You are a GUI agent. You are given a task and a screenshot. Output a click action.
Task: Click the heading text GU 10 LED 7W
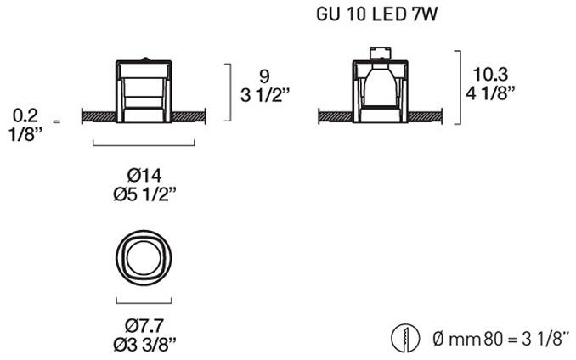[x=376, y=14]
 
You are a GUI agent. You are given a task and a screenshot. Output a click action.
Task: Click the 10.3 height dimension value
[x=490, y=75]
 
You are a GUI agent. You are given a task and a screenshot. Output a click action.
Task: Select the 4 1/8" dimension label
[x=490, y=93]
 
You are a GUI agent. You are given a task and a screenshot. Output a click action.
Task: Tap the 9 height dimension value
[x=264, y=76]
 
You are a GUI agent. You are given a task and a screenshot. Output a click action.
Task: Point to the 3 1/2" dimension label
[x=265, y=95]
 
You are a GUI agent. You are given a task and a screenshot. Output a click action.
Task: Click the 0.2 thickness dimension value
[x=25, y=115]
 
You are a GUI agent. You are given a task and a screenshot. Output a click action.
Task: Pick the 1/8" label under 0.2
[x=25, y=135]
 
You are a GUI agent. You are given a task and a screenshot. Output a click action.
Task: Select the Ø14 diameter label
[x=144, y=176]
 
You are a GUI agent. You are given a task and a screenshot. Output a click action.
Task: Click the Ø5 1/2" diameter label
[x=144, y=194]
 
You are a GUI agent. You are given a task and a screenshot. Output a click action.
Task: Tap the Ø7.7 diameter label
[x=144, y=325]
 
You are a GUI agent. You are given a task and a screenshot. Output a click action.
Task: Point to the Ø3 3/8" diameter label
[x=144, y=344]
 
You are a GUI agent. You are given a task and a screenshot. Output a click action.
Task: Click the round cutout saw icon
[x=405, y=338]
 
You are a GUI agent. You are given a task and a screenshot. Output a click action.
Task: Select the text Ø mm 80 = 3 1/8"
[x=501, y=339]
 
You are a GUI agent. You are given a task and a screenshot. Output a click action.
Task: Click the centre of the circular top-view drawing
[x=144, y=257]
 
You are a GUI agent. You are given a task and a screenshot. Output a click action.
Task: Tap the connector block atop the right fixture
[x=381, y=53]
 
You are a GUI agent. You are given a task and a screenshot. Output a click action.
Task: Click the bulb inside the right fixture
[x=380, y=85]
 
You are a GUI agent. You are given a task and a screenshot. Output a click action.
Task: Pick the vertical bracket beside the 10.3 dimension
[x=460, y=87]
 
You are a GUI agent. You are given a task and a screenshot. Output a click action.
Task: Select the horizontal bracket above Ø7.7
[x=144, y=303]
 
